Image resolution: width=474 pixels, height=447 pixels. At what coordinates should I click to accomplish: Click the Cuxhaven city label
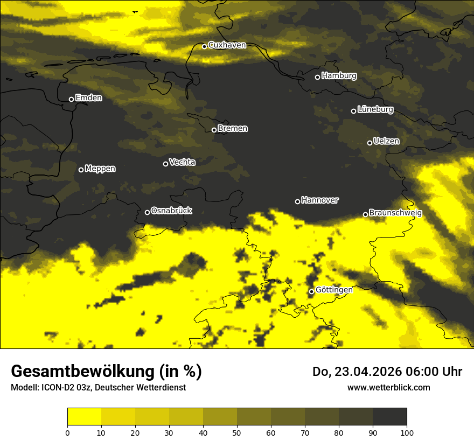click(x=227, y=45)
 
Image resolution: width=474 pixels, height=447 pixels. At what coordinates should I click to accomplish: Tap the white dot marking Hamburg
click(x=317, y=77)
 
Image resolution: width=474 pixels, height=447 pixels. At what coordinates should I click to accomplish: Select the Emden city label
click(x=88, y=98)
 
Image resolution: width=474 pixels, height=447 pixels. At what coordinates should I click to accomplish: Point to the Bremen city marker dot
click(x=214, y=130)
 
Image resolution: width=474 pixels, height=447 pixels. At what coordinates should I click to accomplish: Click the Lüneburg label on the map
click(x=375, y=110)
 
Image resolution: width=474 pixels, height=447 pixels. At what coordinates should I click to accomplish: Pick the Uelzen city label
click(x=386, y=141)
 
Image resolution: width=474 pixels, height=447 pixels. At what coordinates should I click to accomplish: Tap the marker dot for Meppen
click(x=81, y=170)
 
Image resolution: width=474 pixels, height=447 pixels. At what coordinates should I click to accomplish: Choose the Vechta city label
click(x=182, y=162)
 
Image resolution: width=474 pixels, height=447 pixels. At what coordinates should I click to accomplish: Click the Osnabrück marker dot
click(x=147, y=212)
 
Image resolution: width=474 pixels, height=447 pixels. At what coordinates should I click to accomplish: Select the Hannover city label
click(x=320, y=200)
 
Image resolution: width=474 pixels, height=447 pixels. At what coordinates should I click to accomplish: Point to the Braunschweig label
click(x=395, y=213)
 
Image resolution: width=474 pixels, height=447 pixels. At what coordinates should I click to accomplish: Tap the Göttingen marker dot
click(x=311, y=291)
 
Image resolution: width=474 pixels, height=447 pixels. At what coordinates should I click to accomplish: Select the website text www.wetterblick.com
click(x=388, y=387)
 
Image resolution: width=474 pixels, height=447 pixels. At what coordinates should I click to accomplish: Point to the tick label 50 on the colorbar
click(x=237, y=432)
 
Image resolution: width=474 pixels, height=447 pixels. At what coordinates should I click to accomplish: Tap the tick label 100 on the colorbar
click(x=407, y=432)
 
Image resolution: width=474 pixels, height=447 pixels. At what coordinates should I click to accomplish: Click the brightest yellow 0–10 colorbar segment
click(x=84, y=417)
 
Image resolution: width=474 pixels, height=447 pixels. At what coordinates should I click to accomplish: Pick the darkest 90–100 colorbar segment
click(x=389, y=417)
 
